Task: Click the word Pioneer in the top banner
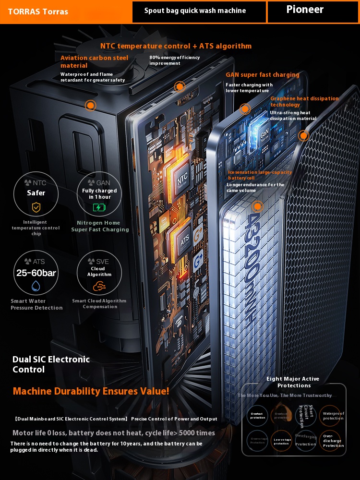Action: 305,10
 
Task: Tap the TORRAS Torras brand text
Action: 38,12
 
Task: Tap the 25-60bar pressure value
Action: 36,273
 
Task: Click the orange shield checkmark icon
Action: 36,207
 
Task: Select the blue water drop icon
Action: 36,286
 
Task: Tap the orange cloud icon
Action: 99,287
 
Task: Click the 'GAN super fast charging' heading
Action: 263,75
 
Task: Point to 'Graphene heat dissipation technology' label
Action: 304,101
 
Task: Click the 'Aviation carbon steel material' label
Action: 95,61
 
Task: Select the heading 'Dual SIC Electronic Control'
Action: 51,364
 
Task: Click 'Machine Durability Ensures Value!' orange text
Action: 91,391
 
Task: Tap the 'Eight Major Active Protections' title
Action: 293,382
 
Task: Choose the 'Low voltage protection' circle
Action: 282,441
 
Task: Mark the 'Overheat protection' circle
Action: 257,416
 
